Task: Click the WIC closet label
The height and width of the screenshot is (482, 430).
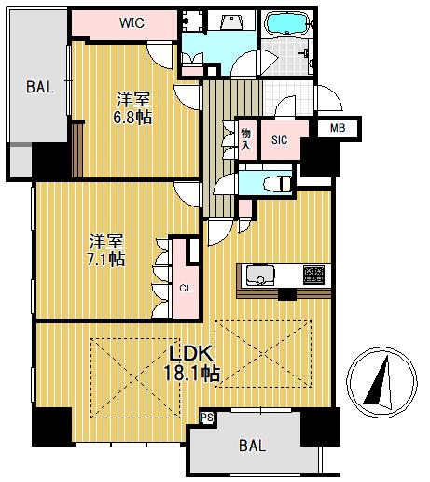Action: click(x=132, y=22)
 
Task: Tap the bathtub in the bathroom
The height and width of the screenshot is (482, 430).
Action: click(x=287, y=23)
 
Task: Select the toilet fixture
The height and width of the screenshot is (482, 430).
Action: click(x=277, y=184)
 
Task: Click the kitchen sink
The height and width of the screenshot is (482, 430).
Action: click(x=260, y=276)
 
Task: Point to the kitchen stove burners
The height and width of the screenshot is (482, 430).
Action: click(x=313, y=275)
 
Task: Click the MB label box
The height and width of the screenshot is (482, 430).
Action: click(x=338, y=128)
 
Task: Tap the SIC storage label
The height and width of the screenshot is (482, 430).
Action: click(x=279, y=140)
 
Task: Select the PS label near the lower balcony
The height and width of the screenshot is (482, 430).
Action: click(x=207, y=418)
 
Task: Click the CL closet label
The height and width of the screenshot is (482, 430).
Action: click(x=186, y=289)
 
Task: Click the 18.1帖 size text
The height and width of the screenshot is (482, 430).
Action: click(x=192, y=374)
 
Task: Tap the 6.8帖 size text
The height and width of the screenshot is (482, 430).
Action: click(x=132, y=118)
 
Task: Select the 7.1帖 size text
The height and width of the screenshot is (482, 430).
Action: click(x=105, y=260)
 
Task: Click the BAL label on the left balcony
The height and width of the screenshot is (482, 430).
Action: click(x=40, y=87)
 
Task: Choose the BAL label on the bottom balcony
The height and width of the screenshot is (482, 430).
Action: click(x=252, y=446)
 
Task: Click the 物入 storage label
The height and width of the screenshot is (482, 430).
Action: click(x=246, y=139)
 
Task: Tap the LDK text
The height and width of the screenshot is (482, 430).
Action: click(x=190, y=354)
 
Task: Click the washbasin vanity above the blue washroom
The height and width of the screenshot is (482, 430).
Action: click(x=230, y=21)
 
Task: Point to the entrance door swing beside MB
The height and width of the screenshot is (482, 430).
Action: click(x=329, y=98)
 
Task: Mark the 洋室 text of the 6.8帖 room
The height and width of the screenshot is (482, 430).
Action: click(x=133, y=99)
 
